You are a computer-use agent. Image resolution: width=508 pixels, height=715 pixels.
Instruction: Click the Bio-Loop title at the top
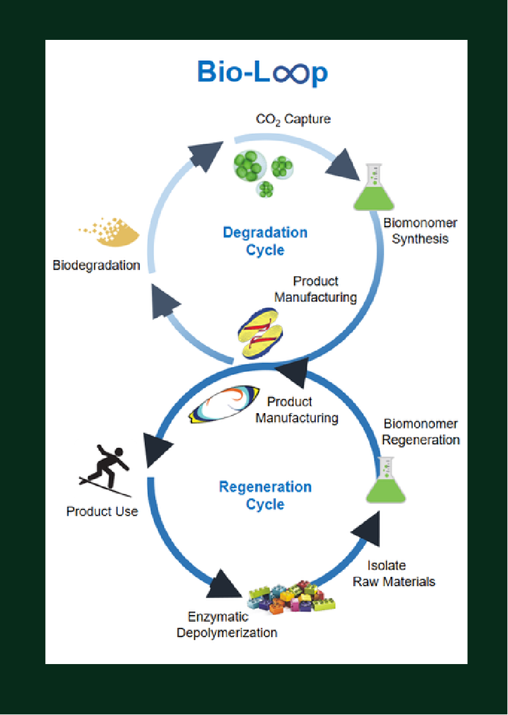262,72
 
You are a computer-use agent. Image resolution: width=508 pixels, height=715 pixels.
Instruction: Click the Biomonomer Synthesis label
420,231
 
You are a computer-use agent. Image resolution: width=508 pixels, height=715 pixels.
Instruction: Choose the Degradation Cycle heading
265,241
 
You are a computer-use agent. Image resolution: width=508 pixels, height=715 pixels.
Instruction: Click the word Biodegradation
96,266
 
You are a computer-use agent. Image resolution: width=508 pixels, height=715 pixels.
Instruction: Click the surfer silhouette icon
106,471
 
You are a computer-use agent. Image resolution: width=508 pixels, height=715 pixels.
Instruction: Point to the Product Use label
102,511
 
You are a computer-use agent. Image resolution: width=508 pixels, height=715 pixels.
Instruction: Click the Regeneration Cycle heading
265,495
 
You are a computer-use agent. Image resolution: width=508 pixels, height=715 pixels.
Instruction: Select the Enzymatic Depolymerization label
227,625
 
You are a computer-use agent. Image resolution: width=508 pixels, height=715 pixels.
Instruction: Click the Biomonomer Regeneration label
421,431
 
